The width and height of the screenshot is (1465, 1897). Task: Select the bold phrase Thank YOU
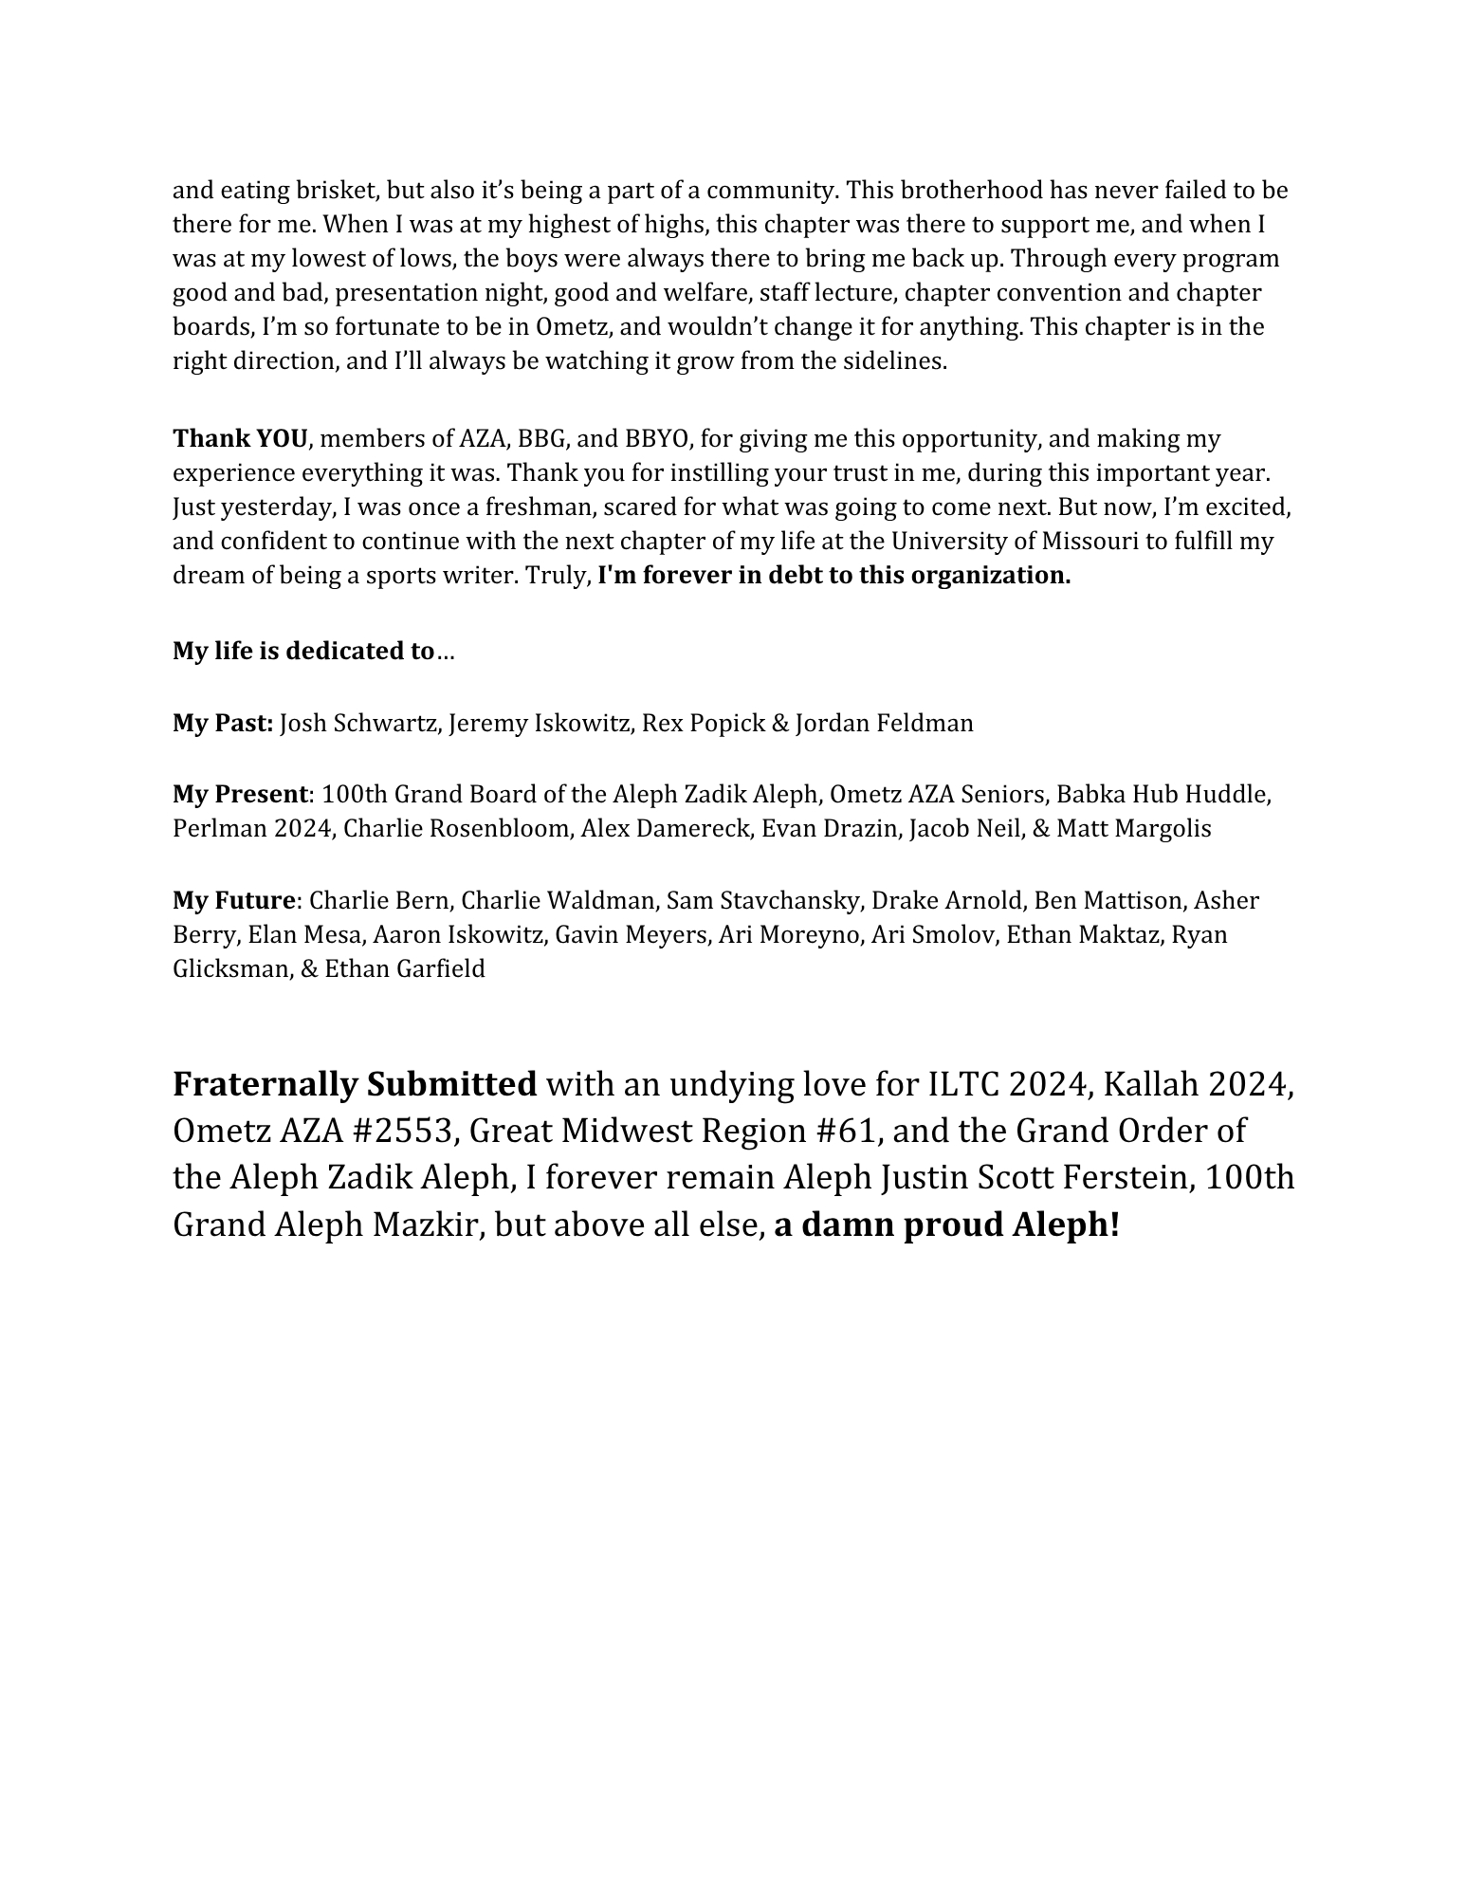coord(240,439)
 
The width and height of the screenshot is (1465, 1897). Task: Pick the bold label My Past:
coord(223,724)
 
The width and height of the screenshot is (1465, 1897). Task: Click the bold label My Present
coord(240,795)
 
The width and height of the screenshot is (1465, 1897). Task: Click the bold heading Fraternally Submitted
coord(355,1084)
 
